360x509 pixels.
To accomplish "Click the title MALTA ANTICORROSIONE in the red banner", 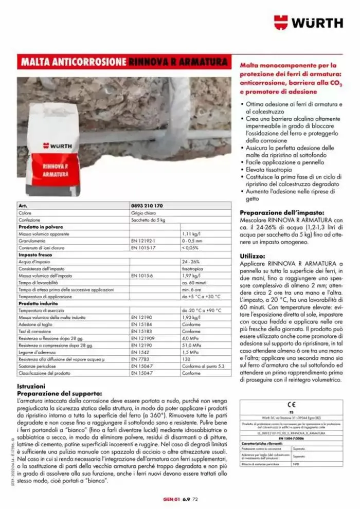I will point(74,62).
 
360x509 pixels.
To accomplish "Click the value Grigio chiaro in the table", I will point(142,212).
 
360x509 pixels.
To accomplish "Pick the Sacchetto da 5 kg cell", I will point(146,219).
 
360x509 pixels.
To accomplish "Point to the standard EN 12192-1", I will point(143,240).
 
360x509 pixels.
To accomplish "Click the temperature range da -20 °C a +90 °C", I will point(202,311).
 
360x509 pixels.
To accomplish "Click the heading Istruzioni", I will point(32,386).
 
